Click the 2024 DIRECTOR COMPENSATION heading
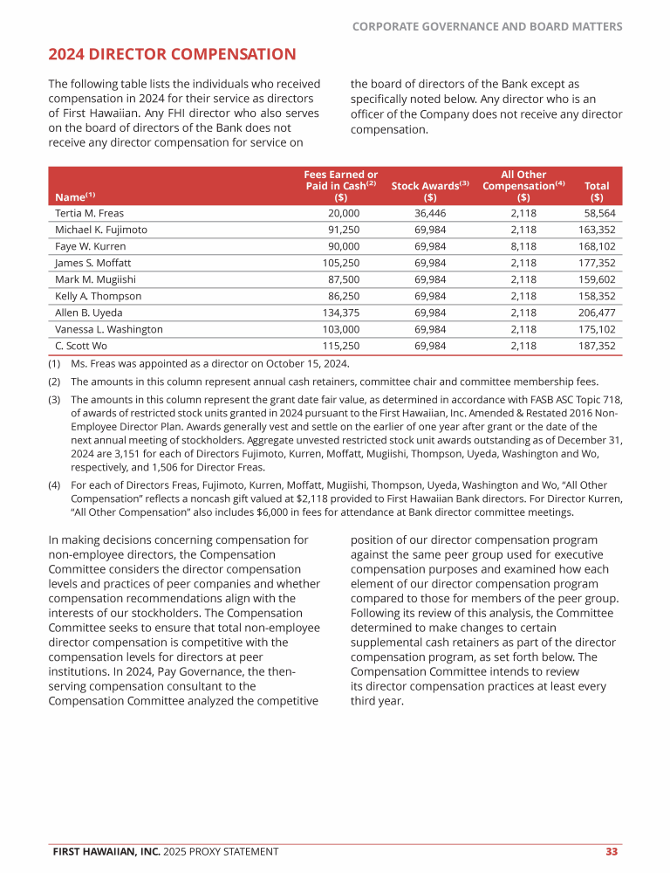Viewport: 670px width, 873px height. pyautogui.click(x=172, y=55)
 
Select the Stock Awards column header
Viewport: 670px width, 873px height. pyautogui.click(x=430, y=186)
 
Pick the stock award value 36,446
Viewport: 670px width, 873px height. pyautogui.click(x=430, y=213)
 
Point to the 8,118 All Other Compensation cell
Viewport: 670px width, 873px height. pyautogui.click(x=523, y=246)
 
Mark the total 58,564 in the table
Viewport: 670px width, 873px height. pyautogui.click(x=599, y=213)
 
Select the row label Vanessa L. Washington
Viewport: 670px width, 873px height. pyautogui.click(x=109, y=329)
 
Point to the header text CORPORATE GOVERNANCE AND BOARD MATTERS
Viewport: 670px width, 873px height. pyautogui.click(x=487, y=27)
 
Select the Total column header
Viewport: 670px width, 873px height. pyautogui.click(x=597, y=186)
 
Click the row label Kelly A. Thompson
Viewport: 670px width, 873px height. pyautogui.click(x=98, y=296)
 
